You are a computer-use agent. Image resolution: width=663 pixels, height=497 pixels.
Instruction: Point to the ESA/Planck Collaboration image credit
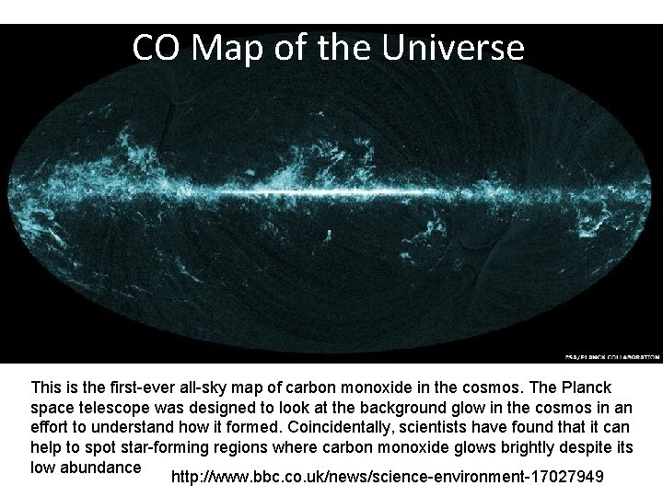[x=611, y=356]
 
